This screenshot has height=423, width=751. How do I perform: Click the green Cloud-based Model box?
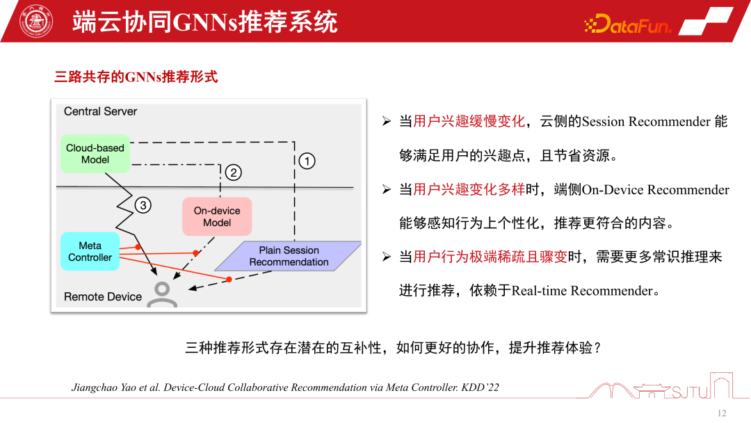click(95, 154)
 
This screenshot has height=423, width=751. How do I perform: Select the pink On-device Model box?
click(216, 216)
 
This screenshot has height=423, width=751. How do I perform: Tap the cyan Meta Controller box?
click(90, 251)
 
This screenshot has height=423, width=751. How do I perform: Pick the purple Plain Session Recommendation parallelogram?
click(289, 256)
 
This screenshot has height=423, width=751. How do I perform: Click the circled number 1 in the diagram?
click(306, 161)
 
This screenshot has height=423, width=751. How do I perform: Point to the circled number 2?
click(234, 173)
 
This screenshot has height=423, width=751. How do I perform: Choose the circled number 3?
click(143, 205)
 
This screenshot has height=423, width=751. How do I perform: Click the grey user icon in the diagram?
click(164, 294)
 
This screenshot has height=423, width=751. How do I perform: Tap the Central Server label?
click(100, 111)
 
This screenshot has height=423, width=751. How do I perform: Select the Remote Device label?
click(102, 296)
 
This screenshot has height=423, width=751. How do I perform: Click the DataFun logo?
click(628, 26)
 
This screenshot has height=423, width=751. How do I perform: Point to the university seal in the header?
click(36, 22)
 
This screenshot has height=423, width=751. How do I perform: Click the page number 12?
click(721, 413)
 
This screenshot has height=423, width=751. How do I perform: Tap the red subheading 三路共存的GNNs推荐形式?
click(136, 77)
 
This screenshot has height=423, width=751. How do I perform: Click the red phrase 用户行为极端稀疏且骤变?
click(490, 257)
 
